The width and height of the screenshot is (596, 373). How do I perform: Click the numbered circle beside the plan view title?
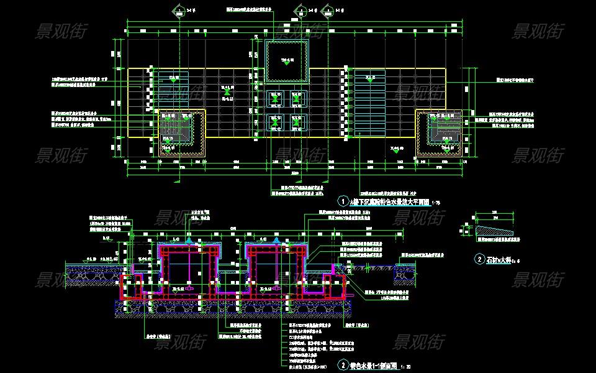pos(342,201)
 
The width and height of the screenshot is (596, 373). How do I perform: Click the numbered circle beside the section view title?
pos(342,366)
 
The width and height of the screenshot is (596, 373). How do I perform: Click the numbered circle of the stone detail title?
pos(479,259)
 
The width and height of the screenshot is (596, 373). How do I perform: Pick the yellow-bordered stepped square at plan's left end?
pos(183,132)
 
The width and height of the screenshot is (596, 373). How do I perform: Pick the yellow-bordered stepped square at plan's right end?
pos(440,132)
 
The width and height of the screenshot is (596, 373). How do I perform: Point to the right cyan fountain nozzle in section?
pos(276,239)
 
